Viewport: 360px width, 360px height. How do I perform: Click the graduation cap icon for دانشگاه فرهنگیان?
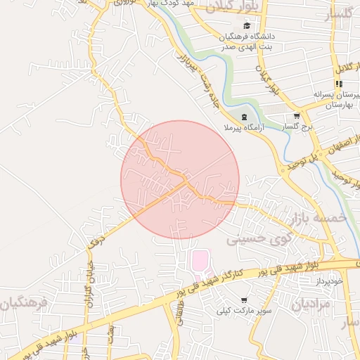[245, 25]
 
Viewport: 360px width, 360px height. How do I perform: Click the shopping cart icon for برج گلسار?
[297, 117]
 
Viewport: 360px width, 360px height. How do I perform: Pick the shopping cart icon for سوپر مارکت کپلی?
[244, 299]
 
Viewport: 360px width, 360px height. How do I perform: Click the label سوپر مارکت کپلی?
[243, 309]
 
